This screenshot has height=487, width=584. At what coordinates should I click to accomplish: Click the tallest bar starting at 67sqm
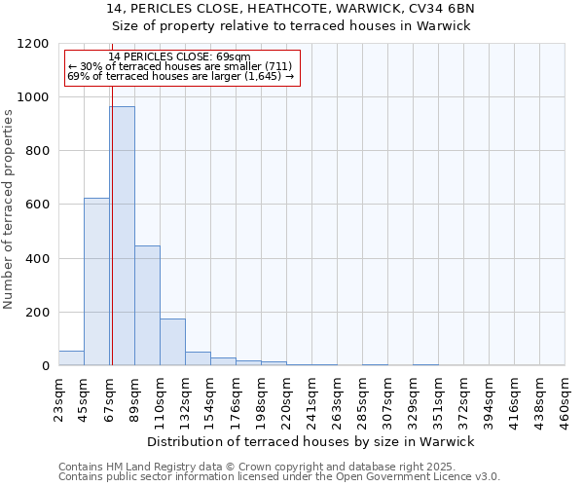click(x=122, y=236)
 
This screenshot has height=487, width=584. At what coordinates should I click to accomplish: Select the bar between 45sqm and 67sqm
click(x=96, y=281)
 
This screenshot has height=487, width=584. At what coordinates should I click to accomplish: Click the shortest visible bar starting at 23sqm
click(x=71, y=357)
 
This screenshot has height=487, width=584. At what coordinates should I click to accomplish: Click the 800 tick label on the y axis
click(x=37, y=151)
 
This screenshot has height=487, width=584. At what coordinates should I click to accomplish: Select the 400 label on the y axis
click(x=37, y=259)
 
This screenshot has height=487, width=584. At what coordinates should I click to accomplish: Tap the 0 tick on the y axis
click(x=45, y=366)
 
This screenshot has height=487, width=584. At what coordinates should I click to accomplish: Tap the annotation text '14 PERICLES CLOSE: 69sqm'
click(x=179, y=57)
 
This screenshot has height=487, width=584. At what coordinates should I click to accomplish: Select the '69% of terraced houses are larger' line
click(x=180, y=76)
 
